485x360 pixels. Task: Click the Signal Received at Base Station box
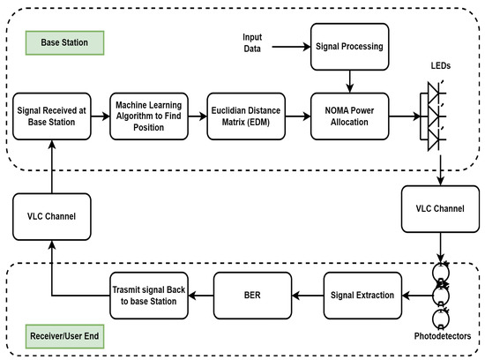50,116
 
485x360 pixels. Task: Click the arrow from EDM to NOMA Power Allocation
298,116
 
